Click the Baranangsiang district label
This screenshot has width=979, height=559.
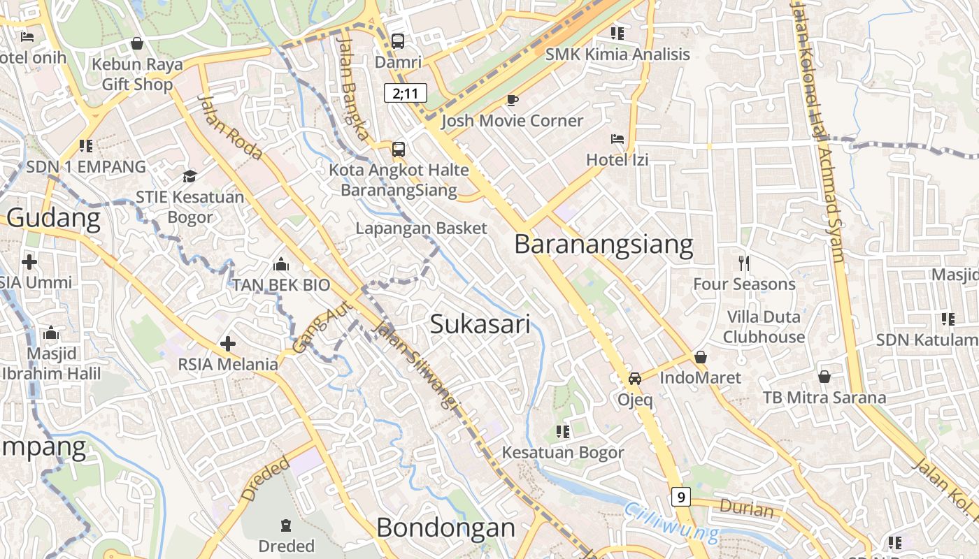pyautogui.click(x=603, y=245)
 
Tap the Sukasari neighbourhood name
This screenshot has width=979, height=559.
pyautogui.click(x=480, y=324)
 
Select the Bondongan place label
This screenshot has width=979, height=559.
pyautogui.click(x=445, y=528)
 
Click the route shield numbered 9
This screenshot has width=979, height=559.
pyautogui.click(x=680, y=497)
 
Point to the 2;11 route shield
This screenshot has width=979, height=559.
pyautogui.click(x=405, y=93)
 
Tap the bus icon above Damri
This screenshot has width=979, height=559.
pyautogui.click(x=398, y=41)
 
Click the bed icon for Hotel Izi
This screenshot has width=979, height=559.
pyautogui.click(x=617, y=139)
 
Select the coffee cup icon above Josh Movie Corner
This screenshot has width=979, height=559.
pyautogui.click(x=513, y=100)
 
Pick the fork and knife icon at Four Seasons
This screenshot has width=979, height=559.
pyautogui.click(x=744, y=263)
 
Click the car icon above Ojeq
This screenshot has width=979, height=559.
pyautogui.click(x=635, y=379)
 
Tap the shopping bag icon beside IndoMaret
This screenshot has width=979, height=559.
pyautogui.click(x=701, y=357)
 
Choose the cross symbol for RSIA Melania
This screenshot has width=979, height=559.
pyautogui.click(x=227, y=344)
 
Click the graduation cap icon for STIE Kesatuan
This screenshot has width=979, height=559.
pyautogui.click(x=190, y=176)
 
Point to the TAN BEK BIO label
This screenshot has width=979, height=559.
pyautogui.click(x=281, y=285)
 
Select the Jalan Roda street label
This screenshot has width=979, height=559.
pyautogui.click(x=229, y=126)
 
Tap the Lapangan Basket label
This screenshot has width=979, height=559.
pyautogui.click(x=421, y=228)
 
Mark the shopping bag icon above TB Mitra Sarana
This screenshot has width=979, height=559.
pyautogui.click(x=824, y=377)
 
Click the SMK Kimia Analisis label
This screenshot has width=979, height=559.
pyautogui.click(x=617, y=55)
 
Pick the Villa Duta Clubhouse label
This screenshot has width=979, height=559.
pyautogui.click(x=764, y=327)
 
